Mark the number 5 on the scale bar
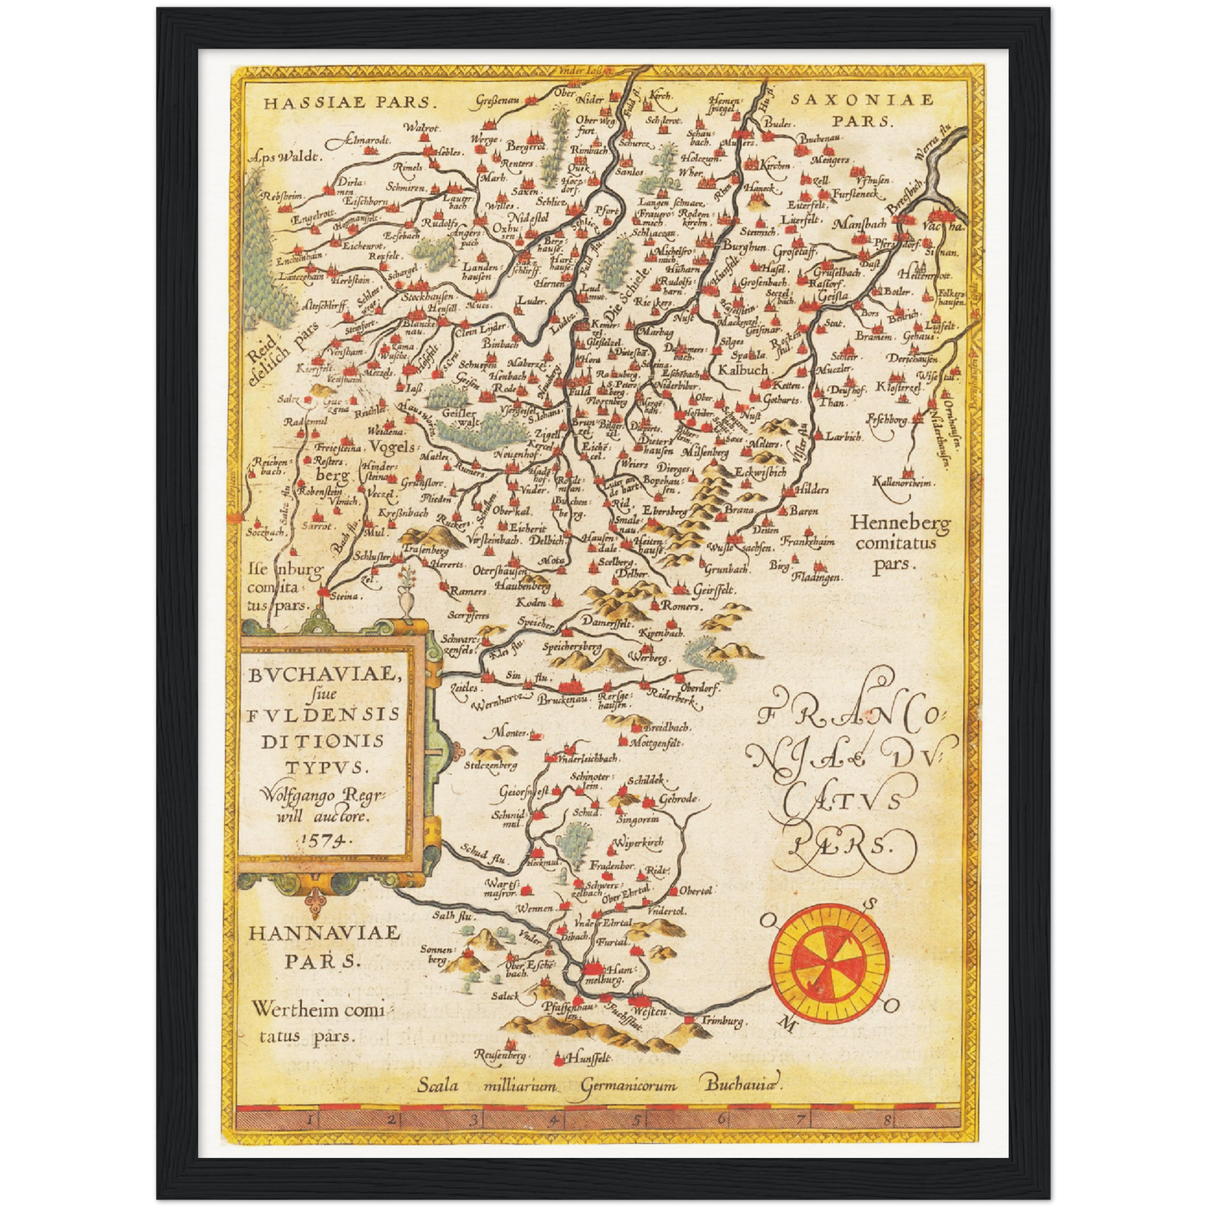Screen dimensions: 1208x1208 [x=637, y=1118]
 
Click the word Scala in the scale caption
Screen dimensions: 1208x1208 [x=439, y=1085]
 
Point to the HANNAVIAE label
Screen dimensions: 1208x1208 [x=324, y=932]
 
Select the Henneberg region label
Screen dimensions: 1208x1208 [x=900, y=524]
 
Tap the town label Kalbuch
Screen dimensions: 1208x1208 [x=742, y=369]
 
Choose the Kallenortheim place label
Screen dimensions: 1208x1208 [x=902, y=482]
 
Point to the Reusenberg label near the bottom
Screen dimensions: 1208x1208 [x=501, y=1055]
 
